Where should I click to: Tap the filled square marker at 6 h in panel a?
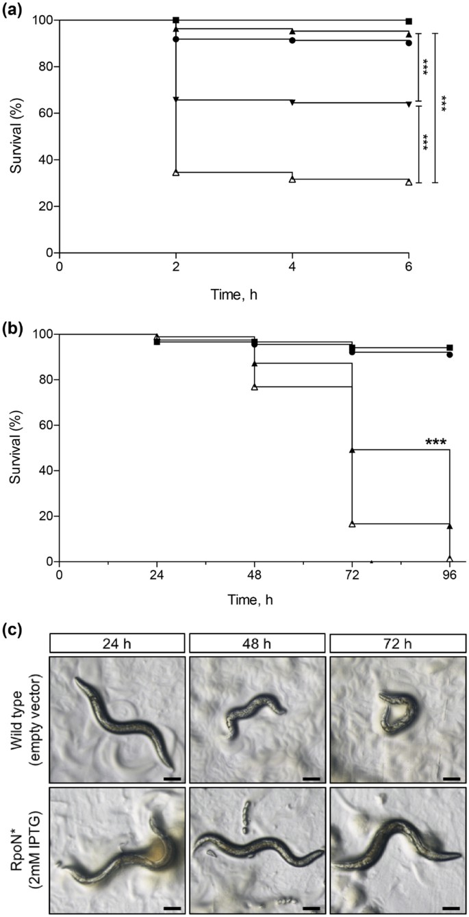click(x=409, y=21)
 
